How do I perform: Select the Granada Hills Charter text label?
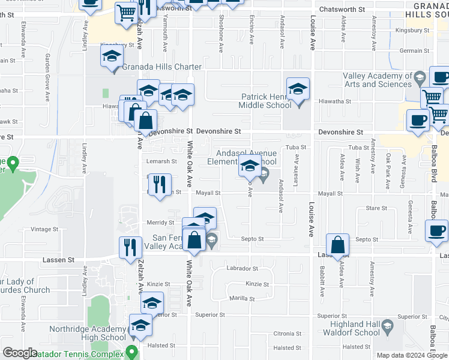pyautogui.click(x=162, y=67)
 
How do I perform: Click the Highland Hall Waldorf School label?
pyautogui.click(x=351, y=328)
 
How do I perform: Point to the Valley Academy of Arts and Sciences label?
pyautogui.click(x=378, y=80)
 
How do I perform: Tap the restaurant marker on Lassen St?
pyautogui.click(x=130, y=247)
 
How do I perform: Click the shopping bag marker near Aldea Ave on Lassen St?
pyautogui.click(x=338, y=245)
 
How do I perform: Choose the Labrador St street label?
pyautogui.click(x=243, y=269)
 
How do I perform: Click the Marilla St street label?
pyautogui.click(x=241, y=298)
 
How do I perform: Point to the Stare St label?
pyautogui.click(x=376, y=208)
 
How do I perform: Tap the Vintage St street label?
pyautogui.click(x=43, y=229)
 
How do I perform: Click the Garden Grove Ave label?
pyautogui.click(x=47, y=70)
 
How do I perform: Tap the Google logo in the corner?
pyautogui.click(x=20, y=353)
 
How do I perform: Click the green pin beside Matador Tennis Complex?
pyautogui.click(x=132, y=352)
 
